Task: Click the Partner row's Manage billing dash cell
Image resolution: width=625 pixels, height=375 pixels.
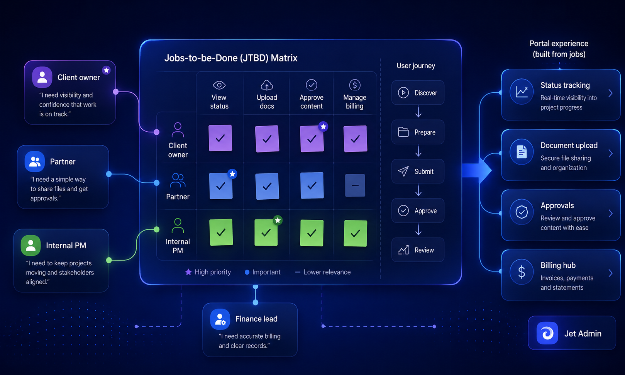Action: click(x=355, y=185)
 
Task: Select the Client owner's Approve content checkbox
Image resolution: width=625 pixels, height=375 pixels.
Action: click(x=312, y=139)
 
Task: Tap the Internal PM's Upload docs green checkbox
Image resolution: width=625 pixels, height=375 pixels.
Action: click(x=266, y=232)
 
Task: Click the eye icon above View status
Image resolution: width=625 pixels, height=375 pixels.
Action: click(x=219, y=85)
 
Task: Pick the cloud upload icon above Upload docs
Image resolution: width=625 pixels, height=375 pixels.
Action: click(x=267, y=85)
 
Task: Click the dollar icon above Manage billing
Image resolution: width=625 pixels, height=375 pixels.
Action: click(x=355, y=85)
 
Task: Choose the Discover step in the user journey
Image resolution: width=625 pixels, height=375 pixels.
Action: click(x=418, y=93)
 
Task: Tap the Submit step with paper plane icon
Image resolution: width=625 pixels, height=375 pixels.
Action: click(x=418, y=171)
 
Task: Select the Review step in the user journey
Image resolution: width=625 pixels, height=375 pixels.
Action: click(x=418, y=250)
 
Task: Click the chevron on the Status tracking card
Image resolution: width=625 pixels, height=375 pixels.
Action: click(x=610, y=93)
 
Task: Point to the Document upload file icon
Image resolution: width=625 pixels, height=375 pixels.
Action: click(x=522, y=152)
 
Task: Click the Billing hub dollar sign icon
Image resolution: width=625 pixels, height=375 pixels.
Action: click(x=522, y=272)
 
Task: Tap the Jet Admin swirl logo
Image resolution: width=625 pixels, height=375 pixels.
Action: click(x=547, y=333)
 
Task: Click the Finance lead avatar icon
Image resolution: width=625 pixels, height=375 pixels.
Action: click(x=220, y=319)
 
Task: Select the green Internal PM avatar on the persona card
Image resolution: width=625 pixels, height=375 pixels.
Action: click(x=31, y=246)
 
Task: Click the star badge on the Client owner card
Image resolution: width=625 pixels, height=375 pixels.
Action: click(x=106, y=70)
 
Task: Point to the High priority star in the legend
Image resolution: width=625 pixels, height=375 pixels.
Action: click(x=188, y=272)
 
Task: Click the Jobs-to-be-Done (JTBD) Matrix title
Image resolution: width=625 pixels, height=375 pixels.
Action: click(x=231, y=58)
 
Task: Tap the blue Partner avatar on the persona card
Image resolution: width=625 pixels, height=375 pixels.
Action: click(x=35, y=161)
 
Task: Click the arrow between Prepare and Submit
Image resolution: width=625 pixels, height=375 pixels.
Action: click(x=418, y=151)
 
